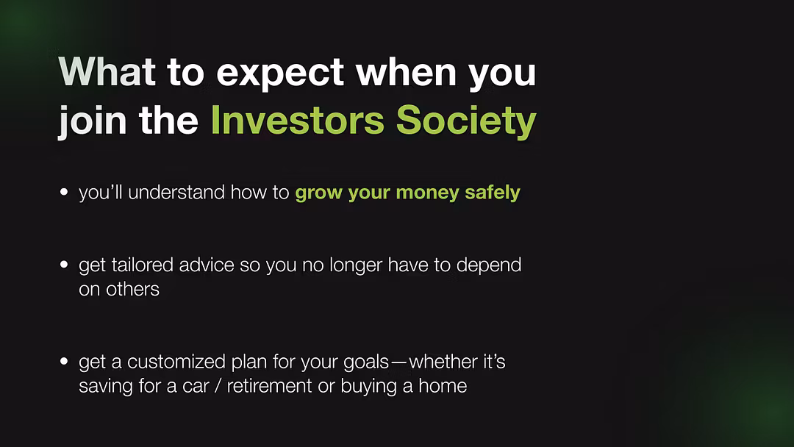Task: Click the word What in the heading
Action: (107, 71)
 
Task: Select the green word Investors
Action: (298, 120)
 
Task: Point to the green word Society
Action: (466, 122)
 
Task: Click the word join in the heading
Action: (93, 121)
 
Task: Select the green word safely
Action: (492, 193)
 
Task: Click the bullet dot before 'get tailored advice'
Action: (64, 264)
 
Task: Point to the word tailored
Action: (143, 265)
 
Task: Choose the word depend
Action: (489, 265)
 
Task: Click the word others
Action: (132, 289)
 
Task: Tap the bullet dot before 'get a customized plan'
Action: (64, 361)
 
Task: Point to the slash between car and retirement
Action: (218, 386)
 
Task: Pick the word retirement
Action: (269, 386)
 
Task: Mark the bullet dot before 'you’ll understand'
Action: (64, 192)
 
